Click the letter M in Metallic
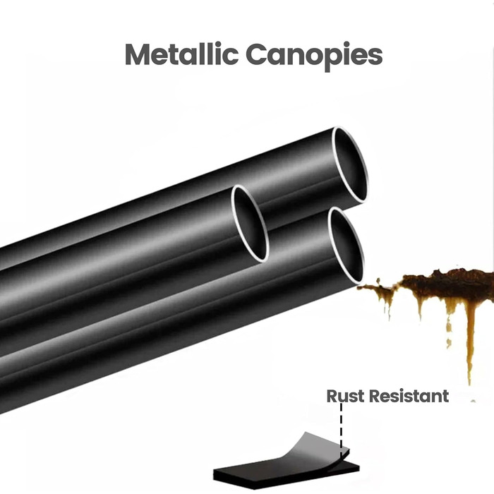coord(138,55)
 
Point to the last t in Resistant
coord(445,396)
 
